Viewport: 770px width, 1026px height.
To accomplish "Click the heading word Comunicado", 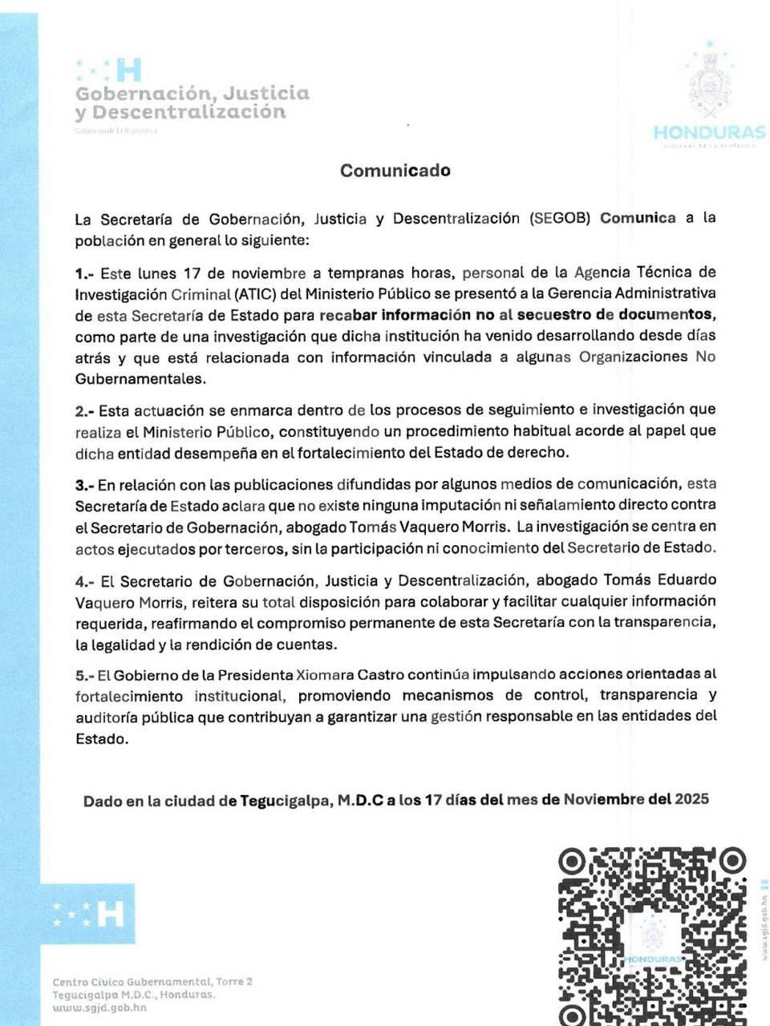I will [x=395, y=171].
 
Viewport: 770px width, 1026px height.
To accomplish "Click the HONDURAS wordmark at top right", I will [x=709, y=132].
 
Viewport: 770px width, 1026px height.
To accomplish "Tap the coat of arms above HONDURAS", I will [x=709, y=84].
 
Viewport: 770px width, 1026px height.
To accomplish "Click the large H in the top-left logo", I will [x=128, y=71].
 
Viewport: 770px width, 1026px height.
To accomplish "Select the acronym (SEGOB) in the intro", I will [x=560, y=219].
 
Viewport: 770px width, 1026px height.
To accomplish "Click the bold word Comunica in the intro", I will [x=638, y=218].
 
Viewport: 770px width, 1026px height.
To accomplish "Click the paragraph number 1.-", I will [x=85, y=273].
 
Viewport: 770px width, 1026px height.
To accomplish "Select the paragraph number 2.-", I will [x=85, y=411].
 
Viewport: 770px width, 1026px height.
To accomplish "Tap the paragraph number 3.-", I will [x=85, y=486].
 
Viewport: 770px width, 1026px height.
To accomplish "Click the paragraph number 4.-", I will [x=85, y=581].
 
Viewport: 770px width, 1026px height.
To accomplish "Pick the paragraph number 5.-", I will [x=85, y=676].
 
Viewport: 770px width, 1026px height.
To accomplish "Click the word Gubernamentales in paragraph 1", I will [x=140, y=379].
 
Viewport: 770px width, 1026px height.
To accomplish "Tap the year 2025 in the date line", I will [x=691, y=799].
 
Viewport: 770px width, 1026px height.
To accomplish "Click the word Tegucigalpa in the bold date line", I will [x=286, y=801].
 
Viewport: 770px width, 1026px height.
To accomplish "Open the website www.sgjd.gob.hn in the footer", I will [x=99, y=1008].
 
